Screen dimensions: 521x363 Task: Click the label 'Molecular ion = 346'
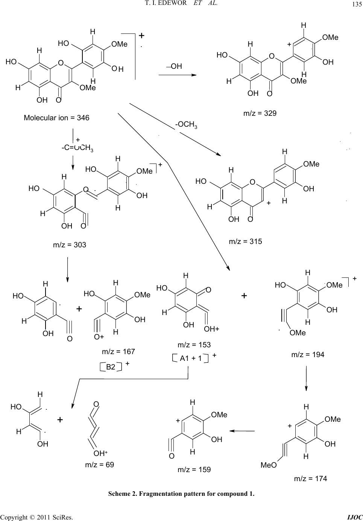tap(56, 118)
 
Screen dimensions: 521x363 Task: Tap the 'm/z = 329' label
tap(260, 113)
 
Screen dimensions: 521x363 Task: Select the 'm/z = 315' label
tap(245, 241)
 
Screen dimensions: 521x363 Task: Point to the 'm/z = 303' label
tap(70, 245)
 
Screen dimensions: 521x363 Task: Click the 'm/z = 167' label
tap(118, 352)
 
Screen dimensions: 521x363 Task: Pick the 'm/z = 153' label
tap(194, 345)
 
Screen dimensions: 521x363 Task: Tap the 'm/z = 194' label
tap(308, 354)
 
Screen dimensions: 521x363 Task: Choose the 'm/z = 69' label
tap(99, 465)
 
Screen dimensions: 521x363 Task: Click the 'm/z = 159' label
tap(194, 470)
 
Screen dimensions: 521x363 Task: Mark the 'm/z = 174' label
tap(310, 479)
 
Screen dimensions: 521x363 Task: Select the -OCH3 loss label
tap(186, 125)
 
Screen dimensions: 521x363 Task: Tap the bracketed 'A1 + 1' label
tap(191, 359)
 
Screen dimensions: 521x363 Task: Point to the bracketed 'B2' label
tap(111, 367)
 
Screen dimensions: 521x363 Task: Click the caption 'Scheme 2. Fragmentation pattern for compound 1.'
tap(181, 494)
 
